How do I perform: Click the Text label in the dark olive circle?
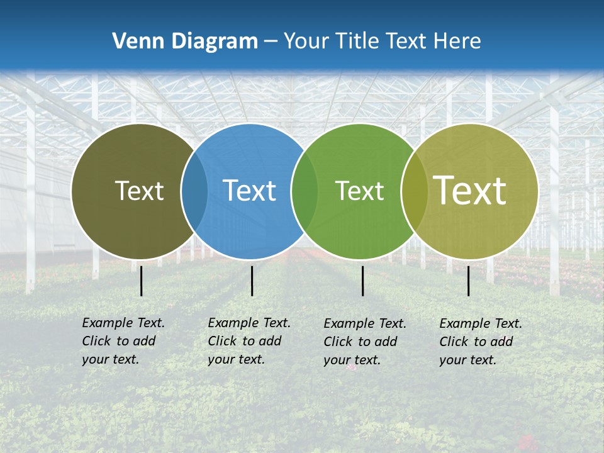click(x=139, y=191)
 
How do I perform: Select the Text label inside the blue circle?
click(x=249, y=191)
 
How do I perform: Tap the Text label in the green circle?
click(x=359, y=191)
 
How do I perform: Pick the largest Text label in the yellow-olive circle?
click(x=469, y=190)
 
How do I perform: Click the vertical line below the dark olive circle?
click(x=142, y=281)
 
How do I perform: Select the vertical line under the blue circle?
click(x=252, y=281)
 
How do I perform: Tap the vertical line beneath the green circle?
click(x=362, y=281)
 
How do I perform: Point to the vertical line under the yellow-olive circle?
click(x=469, y=281)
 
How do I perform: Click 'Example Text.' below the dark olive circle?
click(x=123, y=323)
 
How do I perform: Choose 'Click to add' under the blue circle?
click(x=244, y=341)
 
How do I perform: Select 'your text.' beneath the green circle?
click(x=352, y=360)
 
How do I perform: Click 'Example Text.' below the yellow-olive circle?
click(x=481, y=323)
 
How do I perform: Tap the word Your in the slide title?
click(x=306, y=42)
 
